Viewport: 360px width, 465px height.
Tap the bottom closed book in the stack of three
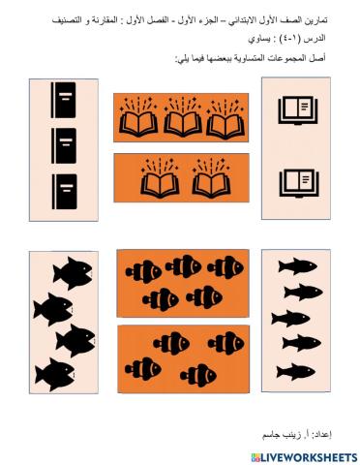pyautogui.click(x=64, y=187)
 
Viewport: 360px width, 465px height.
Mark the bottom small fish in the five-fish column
pyautogui.click(x=297, y=370)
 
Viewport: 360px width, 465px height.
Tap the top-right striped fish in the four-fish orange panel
pyautogui.click(x=226, y=343)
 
